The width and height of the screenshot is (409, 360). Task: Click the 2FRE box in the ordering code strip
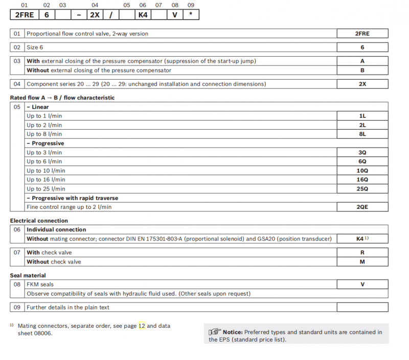coord(25,15)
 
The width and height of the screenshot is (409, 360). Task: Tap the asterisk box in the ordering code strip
coord(191,15)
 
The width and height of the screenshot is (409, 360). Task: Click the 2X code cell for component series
coord(362,84)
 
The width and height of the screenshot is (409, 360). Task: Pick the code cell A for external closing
coord(362,61)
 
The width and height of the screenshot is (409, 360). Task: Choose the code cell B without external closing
coord(362,70)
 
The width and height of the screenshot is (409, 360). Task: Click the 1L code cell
coord(362,116)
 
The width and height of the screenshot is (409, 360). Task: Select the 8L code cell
coord(362,134)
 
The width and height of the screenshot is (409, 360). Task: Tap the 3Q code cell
coord(362,153)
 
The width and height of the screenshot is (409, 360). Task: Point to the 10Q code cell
coord(362,171)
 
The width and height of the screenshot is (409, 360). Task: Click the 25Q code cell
coord(362,189)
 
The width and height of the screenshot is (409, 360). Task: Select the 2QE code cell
coord(362,207)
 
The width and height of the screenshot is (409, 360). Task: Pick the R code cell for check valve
coord(362,252)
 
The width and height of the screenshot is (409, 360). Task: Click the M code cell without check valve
coord(362,261)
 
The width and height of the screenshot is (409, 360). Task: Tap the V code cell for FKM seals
coord(362,284)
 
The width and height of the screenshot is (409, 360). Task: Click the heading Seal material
coord(31,276)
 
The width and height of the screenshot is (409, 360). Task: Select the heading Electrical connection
coord(39,221)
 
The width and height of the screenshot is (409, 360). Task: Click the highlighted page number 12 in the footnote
coord(142,325)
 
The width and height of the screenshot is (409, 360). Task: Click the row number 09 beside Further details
coord(17,307)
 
